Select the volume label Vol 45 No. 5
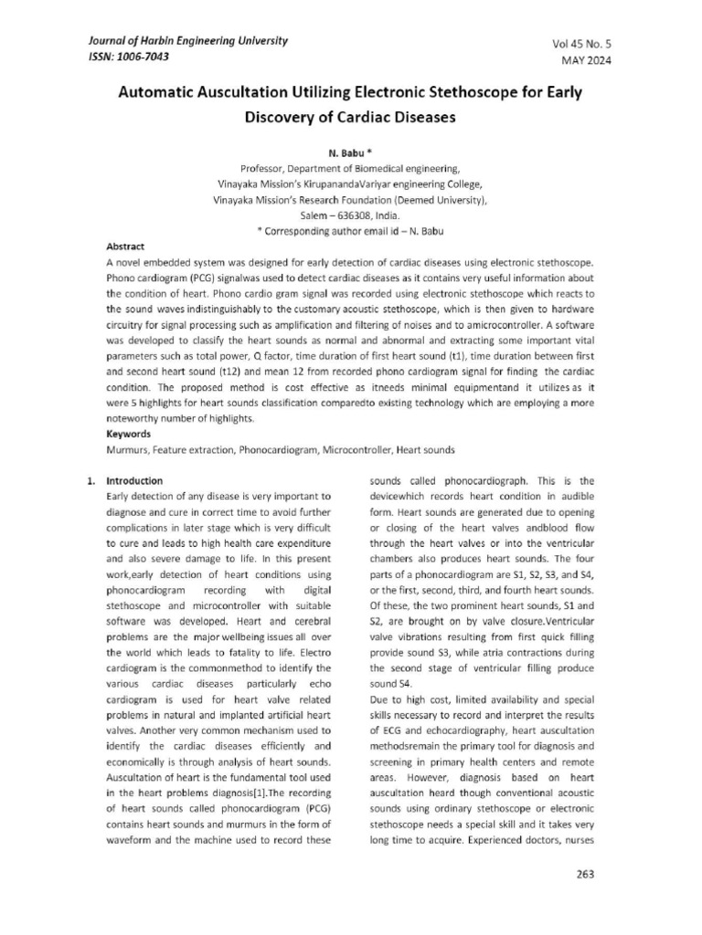click(581, 45)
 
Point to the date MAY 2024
click(586, 61)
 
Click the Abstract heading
click(125, 247)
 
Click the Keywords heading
click(128, 435)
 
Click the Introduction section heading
click(135, 480)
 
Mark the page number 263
click(585, 874)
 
